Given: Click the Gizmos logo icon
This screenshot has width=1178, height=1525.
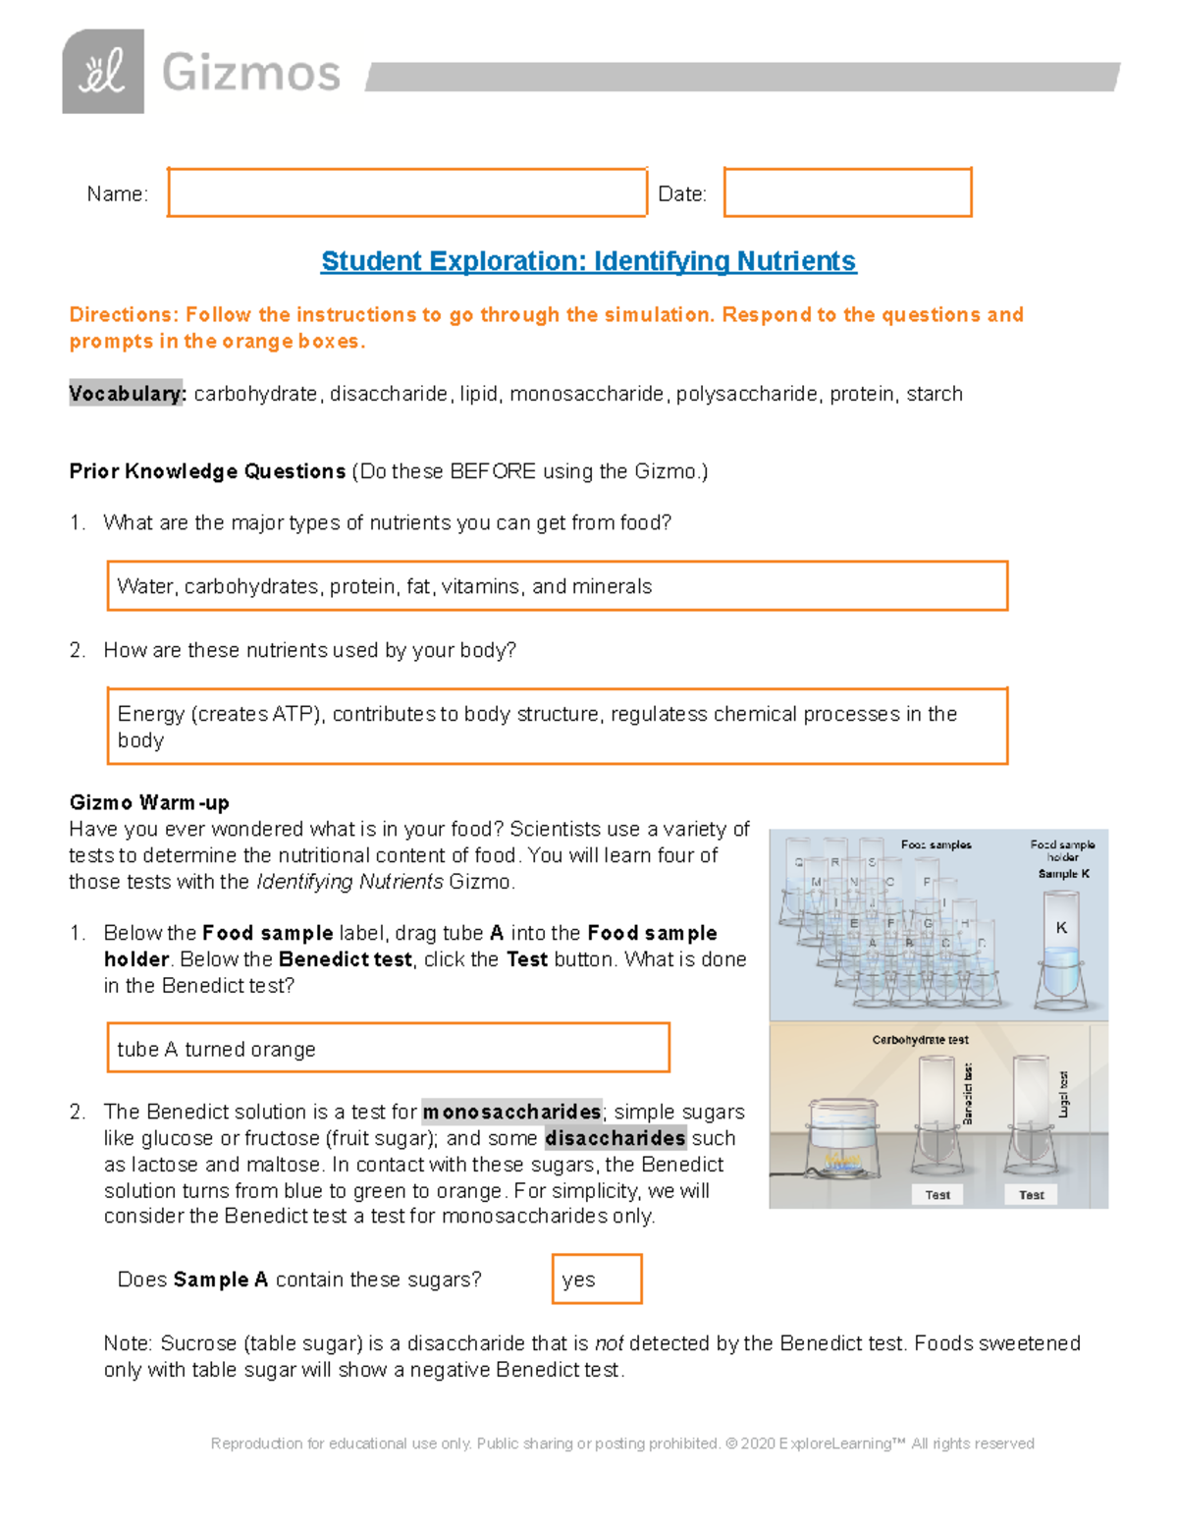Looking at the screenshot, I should tap(103, 72).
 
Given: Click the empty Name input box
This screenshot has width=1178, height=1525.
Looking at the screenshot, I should tap(406, 192).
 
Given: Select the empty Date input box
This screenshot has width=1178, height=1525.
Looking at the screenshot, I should tap(847, 192).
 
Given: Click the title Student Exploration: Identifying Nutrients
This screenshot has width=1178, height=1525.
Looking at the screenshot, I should tap(588, 261).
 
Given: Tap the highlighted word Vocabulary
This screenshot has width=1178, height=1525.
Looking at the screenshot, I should tap(126, 394).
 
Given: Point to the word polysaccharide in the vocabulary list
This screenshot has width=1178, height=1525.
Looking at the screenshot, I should tap(746, 394).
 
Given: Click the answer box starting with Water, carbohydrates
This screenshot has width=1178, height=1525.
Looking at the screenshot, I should tap(557, 586).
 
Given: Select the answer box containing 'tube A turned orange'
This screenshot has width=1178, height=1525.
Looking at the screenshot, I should tap(388, 1048).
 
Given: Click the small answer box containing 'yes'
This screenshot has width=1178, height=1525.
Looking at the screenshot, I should tap(597, 1279).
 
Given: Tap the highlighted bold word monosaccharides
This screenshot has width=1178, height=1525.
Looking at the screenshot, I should tap(511, 1112).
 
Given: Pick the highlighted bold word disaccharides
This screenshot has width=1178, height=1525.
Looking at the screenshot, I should tap(616, 1138).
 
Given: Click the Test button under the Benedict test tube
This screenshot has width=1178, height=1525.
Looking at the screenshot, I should tap(937, 1195).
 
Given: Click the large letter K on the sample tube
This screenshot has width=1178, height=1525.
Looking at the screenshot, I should tap(1061, 928).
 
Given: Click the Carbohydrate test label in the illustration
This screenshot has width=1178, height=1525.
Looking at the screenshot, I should tap(920, 1039).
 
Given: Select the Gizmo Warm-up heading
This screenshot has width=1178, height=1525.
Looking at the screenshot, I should tap(149, 802).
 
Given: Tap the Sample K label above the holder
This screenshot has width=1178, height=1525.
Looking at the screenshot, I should tap(1063, 874).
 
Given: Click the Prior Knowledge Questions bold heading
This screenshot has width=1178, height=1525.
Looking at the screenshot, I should tap(207, 471).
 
